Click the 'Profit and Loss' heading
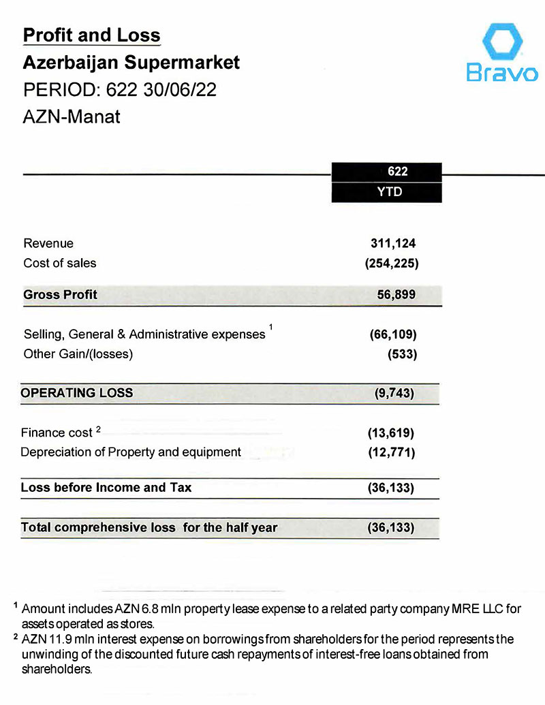click(x=92, y=35)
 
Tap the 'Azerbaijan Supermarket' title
click(x=131, y=63)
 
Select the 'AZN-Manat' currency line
click(x=72, y=116)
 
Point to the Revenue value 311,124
click(x=392, y=243)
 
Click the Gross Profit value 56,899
click(x=396, y=295)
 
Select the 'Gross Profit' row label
click(x=61, y=295)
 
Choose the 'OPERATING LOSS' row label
click(x=77, y=393)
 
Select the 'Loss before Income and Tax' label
click(x=107, y=488)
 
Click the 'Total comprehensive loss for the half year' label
click(x=149, y=528)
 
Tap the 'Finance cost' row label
click(x=57, y=433)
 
